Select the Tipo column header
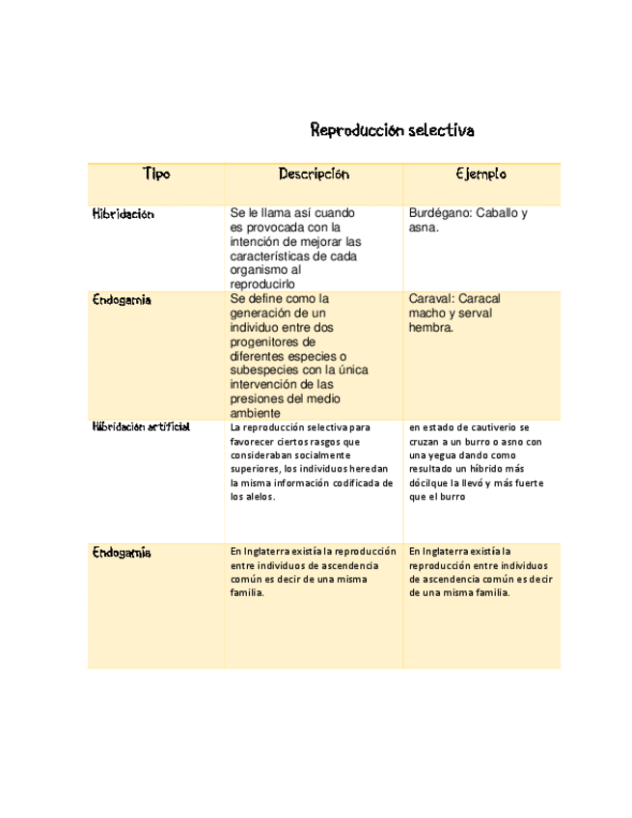point(155,175)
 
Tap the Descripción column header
point(314,175)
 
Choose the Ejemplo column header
point(481,175)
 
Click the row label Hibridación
point(123,213)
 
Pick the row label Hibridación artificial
point(141,425)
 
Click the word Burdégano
point(441,213)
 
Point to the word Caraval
point(432,299)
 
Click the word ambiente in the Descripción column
point(256,413)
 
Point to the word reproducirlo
point(262,285)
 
